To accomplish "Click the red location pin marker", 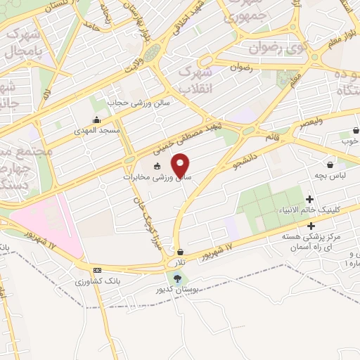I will [x=181, y=165].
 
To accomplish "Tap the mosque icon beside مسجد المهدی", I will [x=96, y=120].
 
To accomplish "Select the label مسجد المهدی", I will [x=101, y=131].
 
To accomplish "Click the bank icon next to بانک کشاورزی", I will [x=97, y=270].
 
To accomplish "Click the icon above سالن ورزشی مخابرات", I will [x=157, y=167].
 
